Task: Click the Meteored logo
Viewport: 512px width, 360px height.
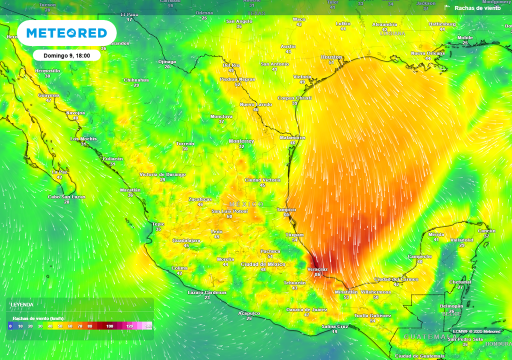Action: click(66, 33)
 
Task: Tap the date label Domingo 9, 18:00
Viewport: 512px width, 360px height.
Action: click(66, 55)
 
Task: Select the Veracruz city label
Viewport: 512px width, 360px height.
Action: click(317, 269)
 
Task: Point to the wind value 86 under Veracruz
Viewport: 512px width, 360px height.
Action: click(317, 274)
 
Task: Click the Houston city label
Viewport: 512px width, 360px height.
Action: click(331, 57)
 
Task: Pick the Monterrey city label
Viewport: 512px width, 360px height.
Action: click(241, 141)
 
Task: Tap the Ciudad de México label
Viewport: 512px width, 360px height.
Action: click(263, 264)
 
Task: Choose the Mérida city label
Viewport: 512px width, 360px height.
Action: click(436, 234)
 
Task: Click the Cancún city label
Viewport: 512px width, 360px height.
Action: click(486, 230)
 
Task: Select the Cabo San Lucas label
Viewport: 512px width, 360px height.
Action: click(66, 196)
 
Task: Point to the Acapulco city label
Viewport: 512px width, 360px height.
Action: click(249, 313)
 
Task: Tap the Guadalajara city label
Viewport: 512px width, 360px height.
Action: click(186, 240)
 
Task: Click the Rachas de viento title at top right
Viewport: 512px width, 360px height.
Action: click(477, 8)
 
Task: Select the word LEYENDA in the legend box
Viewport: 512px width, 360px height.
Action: click(22, 304)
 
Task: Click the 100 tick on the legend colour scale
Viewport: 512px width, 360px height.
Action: click(109, 326)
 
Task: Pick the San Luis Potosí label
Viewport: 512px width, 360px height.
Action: click(229, 211)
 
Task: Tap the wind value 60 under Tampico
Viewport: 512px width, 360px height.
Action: click(286, 215)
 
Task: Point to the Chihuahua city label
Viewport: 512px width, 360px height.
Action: click(136, 80)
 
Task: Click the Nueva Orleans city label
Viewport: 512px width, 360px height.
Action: click(427, 53)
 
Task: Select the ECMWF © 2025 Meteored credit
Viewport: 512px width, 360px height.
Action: click(476, 331)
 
